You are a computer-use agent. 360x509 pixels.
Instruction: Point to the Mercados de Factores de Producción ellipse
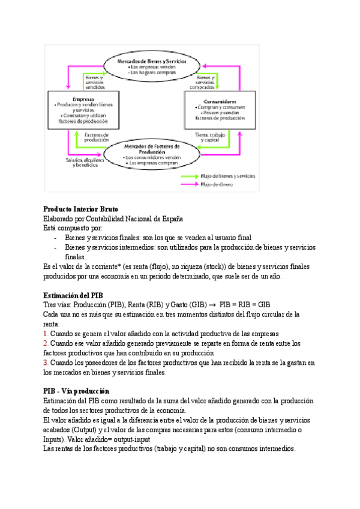[x=151, y=154]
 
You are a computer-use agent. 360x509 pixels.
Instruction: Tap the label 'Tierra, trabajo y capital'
[x=209, y=137]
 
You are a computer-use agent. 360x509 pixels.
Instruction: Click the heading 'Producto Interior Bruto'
[x=81, y=209]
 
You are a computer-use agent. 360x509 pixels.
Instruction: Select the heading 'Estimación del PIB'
[x=74, y=295]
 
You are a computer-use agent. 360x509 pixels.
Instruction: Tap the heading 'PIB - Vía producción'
[x=77, y=391]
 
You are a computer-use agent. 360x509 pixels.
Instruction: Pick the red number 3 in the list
[x=46, y=363]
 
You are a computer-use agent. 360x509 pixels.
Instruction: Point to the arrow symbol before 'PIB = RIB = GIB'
[x=212, y=305]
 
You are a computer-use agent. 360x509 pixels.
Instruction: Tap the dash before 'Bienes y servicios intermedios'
[x=55, y=247]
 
